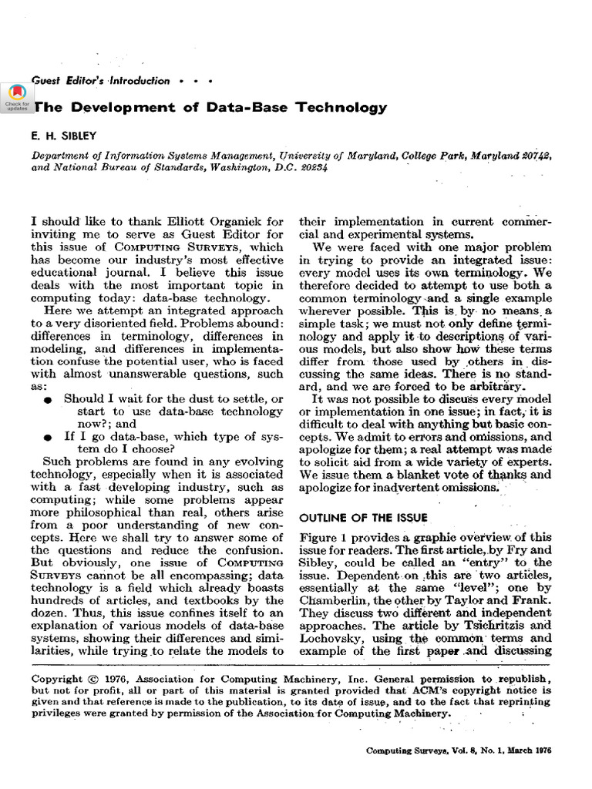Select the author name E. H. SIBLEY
64,136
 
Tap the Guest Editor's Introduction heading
100,80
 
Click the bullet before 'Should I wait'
49,399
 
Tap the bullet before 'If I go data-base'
49,437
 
